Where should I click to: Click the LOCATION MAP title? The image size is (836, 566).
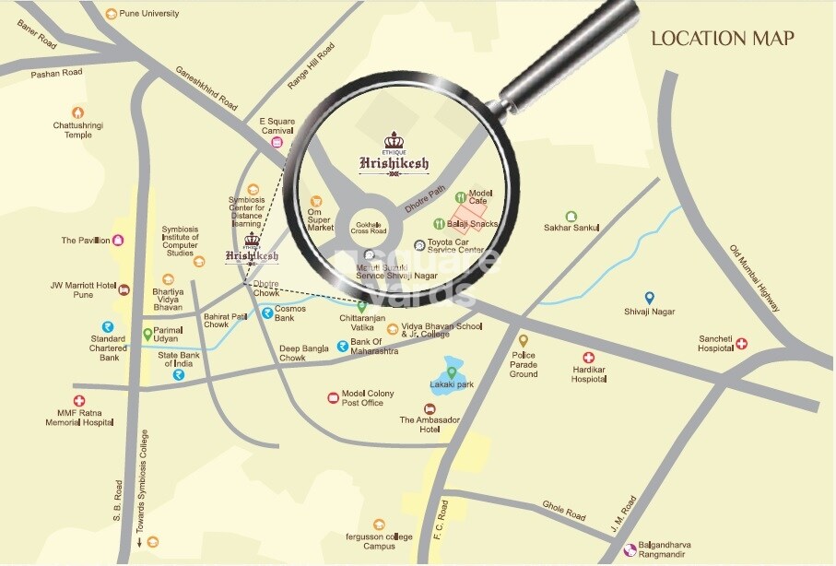coord(723,39)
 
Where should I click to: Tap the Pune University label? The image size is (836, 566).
coord(149,14)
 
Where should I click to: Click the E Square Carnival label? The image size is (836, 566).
coord(276,125)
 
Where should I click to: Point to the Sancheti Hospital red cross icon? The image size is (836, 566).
coord(741,343)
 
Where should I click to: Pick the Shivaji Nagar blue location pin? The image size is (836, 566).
coord(650,297)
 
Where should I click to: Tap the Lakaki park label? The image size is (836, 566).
coord(452,384)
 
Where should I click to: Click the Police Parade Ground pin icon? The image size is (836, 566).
coord(524,340)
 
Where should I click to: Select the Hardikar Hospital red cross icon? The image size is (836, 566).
coord(588,358)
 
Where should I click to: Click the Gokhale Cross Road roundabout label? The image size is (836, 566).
coord(369,228)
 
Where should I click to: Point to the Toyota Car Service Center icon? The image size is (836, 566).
coord(419,245)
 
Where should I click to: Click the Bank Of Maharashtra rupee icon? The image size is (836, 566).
coord(342,347)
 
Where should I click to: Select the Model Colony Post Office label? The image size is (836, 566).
coord(368,398)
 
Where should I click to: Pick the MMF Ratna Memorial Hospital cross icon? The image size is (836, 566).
coord(79,401)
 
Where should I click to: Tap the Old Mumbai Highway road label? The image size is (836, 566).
coord(754,277)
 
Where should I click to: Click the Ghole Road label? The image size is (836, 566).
coord(564,510)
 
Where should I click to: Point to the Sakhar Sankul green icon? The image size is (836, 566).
coord(571,216)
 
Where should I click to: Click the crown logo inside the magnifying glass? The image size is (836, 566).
coord(394,141)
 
